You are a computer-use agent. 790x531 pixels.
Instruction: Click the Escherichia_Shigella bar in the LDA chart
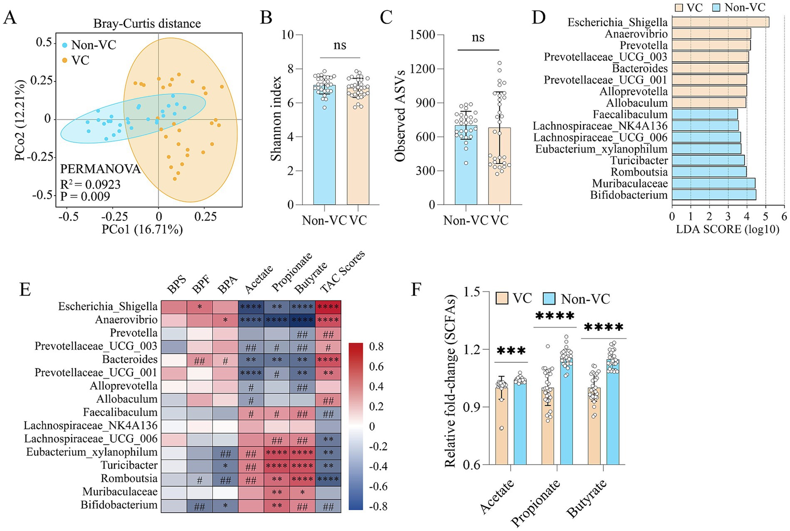[x=720, y=22]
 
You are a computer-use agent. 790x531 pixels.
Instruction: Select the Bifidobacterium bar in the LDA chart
[x=714, y=195]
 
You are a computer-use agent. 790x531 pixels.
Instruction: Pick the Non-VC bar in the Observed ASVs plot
[x=466, y=165]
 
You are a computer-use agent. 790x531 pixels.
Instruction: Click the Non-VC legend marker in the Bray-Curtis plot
[x=65, y=45]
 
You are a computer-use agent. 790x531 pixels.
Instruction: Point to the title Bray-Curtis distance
[x=147, y=24]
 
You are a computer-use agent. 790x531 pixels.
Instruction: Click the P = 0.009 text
[x=85, y=196]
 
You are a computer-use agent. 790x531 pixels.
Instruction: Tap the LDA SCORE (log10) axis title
[x=728, y=229]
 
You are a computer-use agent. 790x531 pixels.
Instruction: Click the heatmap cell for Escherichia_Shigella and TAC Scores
[x=328, y=307]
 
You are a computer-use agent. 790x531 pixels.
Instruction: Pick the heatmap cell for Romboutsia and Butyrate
[x=302, y=479]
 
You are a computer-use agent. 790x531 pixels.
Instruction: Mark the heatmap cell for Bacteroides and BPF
[x=200, y=360]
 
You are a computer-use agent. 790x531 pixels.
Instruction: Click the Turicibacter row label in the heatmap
[x=129, y=465]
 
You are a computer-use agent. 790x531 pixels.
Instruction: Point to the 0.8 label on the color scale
[x=376, y=347]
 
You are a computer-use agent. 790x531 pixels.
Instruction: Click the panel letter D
[x=539, y=17]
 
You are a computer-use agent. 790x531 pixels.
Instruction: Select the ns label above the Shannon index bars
[x=340, y=45]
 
